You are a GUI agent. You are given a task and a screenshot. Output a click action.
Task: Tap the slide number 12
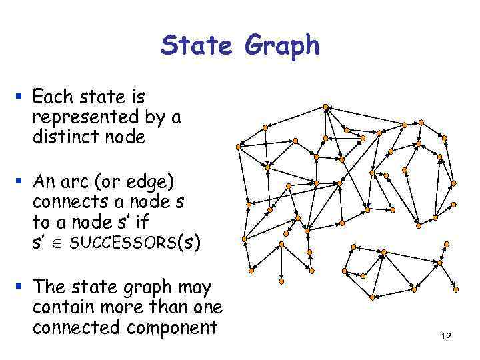point(446,337)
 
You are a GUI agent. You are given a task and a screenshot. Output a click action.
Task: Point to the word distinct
point(63,137)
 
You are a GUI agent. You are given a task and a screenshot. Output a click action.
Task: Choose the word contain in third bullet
point(61,308)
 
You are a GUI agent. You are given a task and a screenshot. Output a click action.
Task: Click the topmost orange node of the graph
point(325,106)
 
